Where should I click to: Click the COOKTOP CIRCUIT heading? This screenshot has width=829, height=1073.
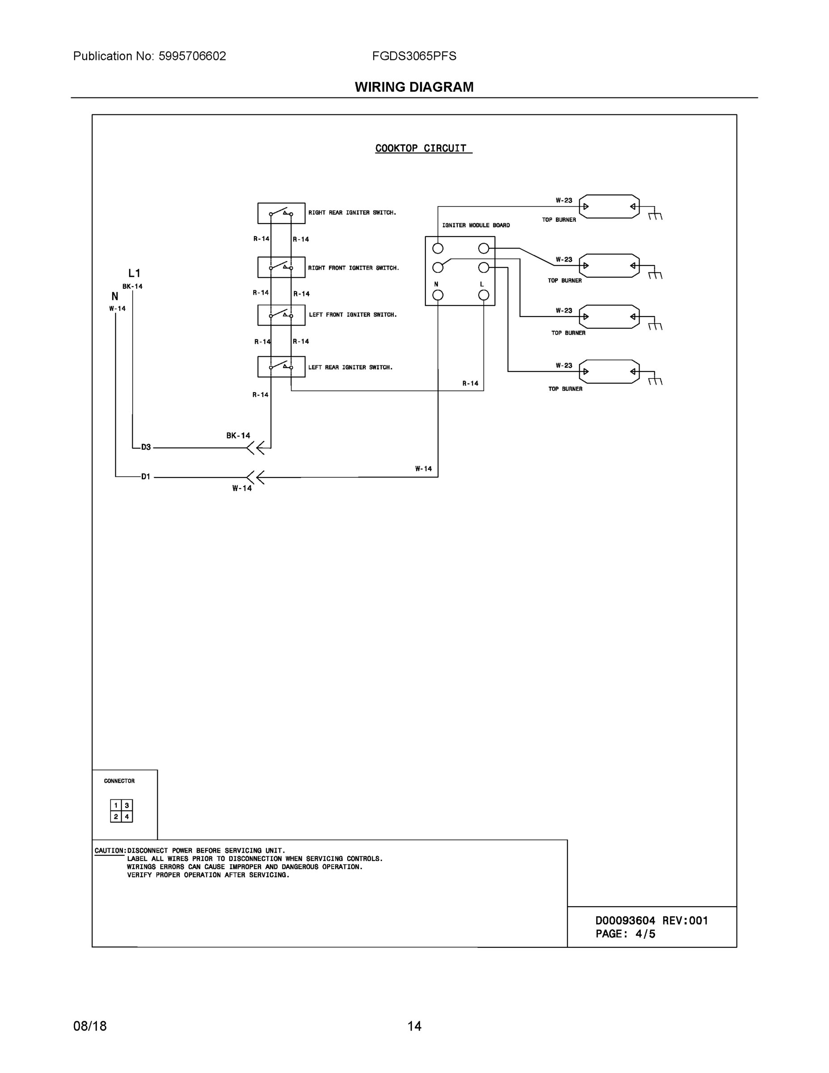click(421, 148)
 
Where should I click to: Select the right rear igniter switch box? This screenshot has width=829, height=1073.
click(281, 213)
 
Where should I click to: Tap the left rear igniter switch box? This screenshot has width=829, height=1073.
click(281, 367)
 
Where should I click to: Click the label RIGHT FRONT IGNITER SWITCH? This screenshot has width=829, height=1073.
click(353, 268)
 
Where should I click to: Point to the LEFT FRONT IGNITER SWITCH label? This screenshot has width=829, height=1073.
click(352, 314)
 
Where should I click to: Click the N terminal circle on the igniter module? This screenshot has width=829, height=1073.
click(438, 295)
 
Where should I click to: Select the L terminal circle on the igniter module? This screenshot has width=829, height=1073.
click(483, 295)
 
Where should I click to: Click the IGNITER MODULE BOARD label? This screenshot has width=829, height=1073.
click(476, 225)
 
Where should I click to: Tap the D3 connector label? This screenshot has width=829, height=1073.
click(146, 447)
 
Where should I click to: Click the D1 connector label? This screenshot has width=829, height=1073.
click(146, 477)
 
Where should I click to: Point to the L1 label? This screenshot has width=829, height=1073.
click(134, 273)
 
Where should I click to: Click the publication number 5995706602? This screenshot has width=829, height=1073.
click(192, 56)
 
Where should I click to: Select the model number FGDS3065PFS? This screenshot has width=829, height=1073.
click(414, 56)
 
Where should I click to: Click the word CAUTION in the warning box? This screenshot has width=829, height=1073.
click(109, 850)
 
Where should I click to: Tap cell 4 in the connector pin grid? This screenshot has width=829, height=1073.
click(127, 816)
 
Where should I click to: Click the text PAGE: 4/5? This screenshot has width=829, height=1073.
click(625, 934)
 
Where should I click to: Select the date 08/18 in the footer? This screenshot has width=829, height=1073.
click(90, 1026)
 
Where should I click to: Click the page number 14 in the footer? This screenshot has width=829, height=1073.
click(414, 1026)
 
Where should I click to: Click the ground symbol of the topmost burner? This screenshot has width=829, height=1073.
click(655, 215)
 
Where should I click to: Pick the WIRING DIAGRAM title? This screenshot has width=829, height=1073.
click(414, 87)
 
